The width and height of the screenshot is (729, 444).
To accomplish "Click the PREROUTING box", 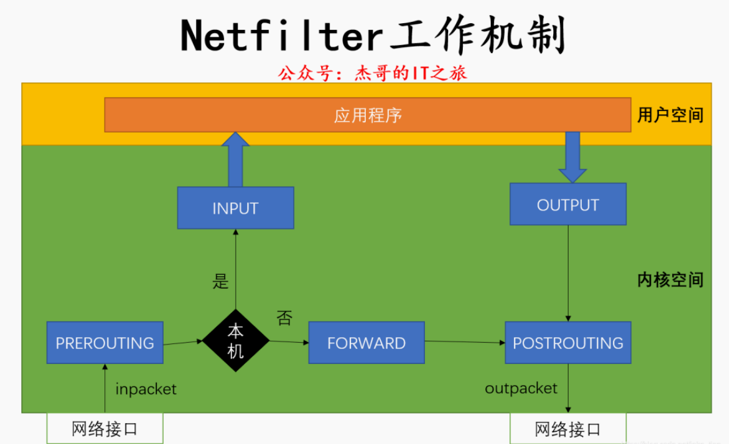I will click(104, 343).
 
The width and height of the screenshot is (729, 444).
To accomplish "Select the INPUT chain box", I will click(235, 208).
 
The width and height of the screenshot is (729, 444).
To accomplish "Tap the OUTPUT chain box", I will click(568, 205).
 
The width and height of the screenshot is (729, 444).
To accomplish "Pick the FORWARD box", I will click(366, 343).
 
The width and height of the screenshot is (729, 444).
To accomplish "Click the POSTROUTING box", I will click(568, 343).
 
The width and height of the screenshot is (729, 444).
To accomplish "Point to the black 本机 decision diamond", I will click(236, 341).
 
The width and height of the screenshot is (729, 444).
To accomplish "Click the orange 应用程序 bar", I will click(368, 115).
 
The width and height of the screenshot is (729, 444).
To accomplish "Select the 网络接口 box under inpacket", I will click(104, 428).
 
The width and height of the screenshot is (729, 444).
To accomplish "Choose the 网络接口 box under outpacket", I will click(568, 429).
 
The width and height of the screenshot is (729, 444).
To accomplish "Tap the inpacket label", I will click(146, 389).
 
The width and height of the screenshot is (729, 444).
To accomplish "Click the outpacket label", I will click(521, 388).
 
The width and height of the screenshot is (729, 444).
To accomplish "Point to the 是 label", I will click(220, 282).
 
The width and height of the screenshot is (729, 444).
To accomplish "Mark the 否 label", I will click(285, 318).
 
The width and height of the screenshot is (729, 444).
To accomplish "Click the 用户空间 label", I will click(670, 115).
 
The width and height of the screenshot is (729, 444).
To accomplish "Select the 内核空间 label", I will click(670, 280).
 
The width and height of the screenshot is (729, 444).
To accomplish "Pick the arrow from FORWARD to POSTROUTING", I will click(465, 342).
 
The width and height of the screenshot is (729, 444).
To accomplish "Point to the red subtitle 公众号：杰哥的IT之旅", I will click(372, 73).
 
